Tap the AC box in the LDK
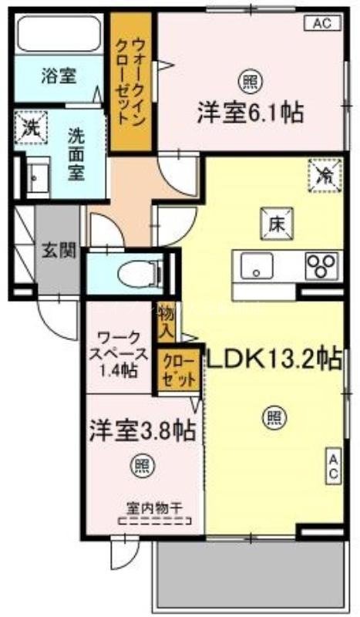coord(334,467)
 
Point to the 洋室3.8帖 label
coord(140,430)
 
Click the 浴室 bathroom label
coord(59,76)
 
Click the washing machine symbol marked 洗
coord(31,126)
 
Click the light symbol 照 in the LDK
coord(274,417)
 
